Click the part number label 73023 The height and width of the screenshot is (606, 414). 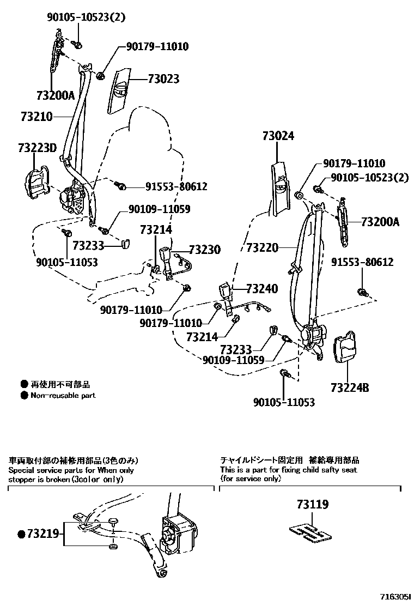coord(163,79)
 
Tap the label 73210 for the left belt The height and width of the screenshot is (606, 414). coord(36,117)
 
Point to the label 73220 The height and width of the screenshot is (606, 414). coord(262,248)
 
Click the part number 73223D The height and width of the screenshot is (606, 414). coord(37,148)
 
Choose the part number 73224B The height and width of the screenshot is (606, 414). coord(349,388)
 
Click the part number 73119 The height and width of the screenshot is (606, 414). coord(313,505)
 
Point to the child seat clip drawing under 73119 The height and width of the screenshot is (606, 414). coord(309,533)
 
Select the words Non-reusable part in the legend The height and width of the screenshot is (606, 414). coord(63,395)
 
